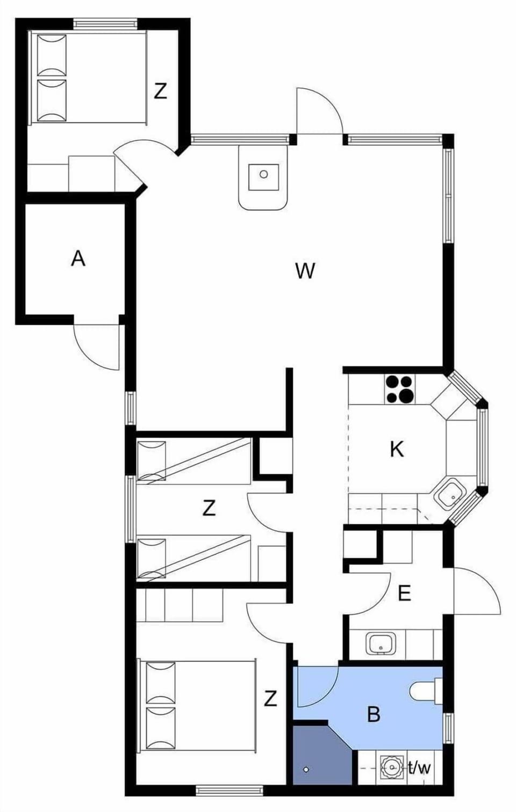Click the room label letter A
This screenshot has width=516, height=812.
click(x=78, y=259)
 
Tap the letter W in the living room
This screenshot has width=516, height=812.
click(x=305, y=270)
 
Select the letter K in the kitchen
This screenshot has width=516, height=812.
click(x=397, y=449)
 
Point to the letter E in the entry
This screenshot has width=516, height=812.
click(x=404, y=593)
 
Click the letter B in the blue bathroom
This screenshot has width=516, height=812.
click(x=373, y=714)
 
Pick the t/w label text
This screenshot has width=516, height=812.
click(x=419, y=767)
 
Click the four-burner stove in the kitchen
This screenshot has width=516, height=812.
click(x=400, y=389)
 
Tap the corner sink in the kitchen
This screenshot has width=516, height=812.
click(x=449, y=494)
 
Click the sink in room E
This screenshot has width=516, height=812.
click(x=380, y=643)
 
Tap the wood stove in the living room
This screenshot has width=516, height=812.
click(x=263, y=178)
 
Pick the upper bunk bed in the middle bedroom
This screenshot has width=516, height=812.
click(x=193, y=461)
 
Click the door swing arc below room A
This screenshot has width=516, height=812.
click(x=97, y=347)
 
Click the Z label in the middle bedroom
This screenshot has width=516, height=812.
click(x=209, y=507)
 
